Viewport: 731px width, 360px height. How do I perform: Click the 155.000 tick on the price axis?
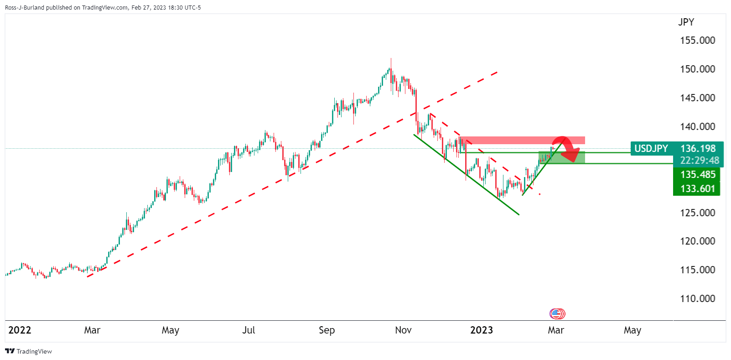pyautogui.click(x=697, y=41)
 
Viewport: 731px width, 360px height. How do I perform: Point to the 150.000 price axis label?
pyautogui.click(x=697, y=69)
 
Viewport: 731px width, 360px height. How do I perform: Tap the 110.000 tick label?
pyautogui.click(x=697, y=299)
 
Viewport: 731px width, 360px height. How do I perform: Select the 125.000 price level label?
pyautogui.click(x=697, y=213)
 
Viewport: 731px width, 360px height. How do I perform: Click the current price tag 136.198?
pyautogui.click(x=698, y=148)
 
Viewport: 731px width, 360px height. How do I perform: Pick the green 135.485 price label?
pyautogui.click(x=697, y=175)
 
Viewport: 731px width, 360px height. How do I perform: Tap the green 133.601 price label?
pyautogui.click(x=697, y=189)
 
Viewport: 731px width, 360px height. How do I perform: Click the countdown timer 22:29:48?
pyautogui.click(x=700, y=161)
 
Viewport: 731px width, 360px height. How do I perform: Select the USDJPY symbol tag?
pyautogui.click(x=651, y=149)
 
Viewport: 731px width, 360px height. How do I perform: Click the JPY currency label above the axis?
pyautogui.click(x=686, y=22)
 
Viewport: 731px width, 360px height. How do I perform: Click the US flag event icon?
pyautogui.click(x=556, y=313)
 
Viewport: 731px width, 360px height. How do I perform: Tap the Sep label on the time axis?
pyautogui.click(x=327, y=330)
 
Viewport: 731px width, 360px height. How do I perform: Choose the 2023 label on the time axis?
pyautogui.click(x=482, y=330)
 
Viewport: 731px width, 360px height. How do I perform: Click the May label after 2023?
pyautogui.click(x=632, y=330)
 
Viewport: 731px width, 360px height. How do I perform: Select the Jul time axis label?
pyautogui.click(x=249, y=330)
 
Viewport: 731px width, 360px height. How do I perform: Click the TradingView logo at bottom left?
pyautogui.click(x=28, y=351)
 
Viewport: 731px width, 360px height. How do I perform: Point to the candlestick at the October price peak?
pyautogui.click(x=391, y=68)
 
